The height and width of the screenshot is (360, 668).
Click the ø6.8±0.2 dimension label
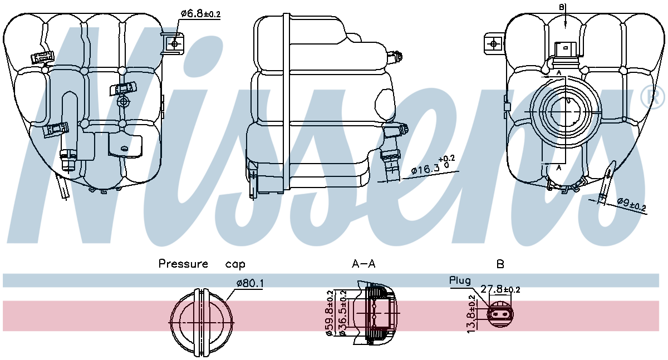click(x=200, y=14)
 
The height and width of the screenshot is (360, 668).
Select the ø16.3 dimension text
click(x=426, y=167)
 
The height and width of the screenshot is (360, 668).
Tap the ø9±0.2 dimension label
click(x=631, y=205)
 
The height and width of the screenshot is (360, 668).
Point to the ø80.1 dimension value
click(x=250, y=284)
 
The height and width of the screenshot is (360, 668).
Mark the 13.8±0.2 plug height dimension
click(x=472, y=314)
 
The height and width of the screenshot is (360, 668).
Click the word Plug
click(x=460, y=281)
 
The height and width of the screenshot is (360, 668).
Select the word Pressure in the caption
click(x=183, y=264)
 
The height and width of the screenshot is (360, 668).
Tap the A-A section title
click(x=364, y=264)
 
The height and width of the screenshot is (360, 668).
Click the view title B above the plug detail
click(x=500, y=264)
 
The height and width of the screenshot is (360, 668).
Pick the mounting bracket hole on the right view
click(x=493, y=43)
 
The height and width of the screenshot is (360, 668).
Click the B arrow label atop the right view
click(x=562, y=7)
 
